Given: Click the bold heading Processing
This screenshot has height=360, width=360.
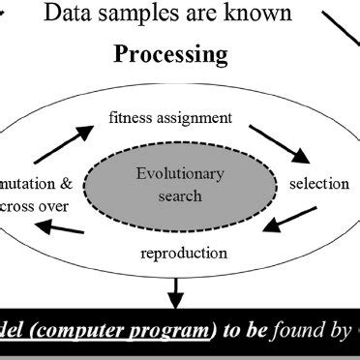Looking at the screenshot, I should point(172,53).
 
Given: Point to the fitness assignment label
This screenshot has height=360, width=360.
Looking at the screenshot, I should point(170,119).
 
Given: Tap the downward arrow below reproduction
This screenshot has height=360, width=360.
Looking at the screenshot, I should point(176,287).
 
